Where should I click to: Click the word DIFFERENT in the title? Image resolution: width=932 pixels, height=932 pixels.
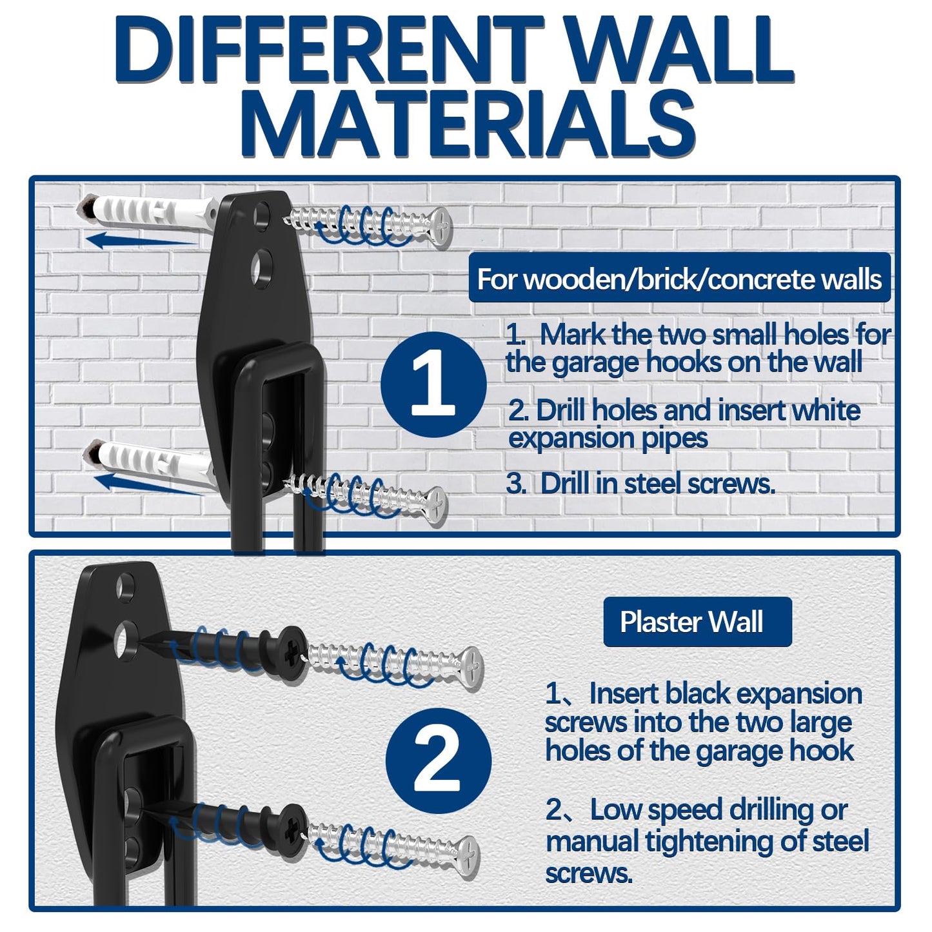tap(329, 52)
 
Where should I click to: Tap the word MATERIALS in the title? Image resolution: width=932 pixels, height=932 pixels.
tap(470, 124)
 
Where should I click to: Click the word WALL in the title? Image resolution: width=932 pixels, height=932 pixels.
tap(680, 52)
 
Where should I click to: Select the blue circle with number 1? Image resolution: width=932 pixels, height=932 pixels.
tap(433, 385)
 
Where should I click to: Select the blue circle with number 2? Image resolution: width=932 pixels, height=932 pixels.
tap(438, 761)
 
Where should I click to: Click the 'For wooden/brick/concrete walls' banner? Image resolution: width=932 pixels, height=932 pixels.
tap(679, 279)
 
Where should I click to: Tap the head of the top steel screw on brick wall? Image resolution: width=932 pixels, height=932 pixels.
tap(441, 226)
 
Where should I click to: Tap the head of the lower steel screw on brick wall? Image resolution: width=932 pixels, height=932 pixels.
tap(437, 505)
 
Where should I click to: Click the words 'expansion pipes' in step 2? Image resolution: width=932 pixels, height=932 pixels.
tap(608, 439)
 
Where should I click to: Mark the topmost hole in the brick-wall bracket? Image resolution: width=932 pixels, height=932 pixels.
tap(263, 215)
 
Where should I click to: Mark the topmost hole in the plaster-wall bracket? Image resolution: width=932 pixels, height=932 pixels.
tap(124, 586)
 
